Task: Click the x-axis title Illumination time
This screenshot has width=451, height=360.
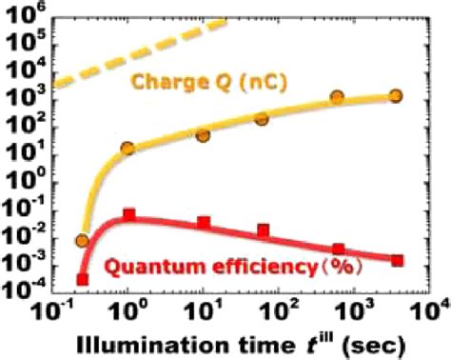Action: (x=181, y=342)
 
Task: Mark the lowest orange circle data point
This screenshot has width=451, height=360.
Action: (x=83, y=241)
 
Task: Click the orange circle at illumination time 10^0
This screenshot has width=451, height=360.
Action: (x=127, y=149)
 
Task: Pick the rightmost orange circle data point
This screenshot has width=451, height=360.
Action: (x=396, y=96)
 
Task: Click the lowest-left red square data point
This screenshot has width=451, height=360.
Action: (x=83, y=279)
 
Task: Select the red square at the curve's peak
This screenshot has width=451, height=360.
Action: (x=127, y=215)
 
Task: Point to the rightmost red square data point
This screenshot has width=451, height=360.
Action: (x=396, y=260)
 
